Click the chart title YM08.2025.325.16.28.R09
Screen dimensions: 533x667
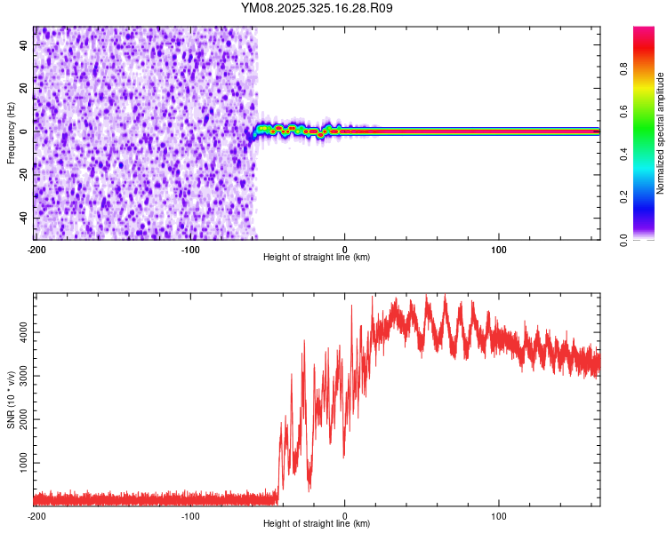coord(317,8)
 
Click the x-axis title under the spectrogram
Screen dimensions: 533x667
coord(317,258)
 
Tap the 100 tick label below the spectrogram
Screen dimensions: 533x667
coord(499,249)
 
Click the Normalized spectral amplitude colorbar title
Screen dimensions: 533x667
coord(661,133)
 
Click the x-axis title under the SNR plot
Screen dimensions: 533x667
coord(317,524)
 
